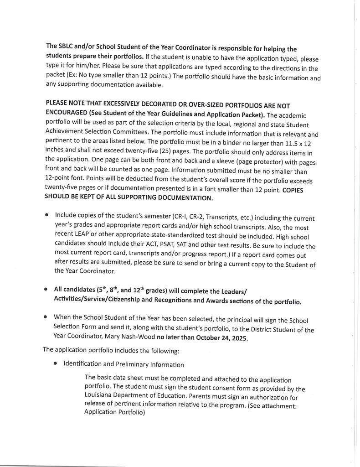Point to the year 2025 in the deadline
click(x=237, y=338)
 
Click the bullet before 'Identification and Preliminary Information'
click(x=55, y=364)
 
